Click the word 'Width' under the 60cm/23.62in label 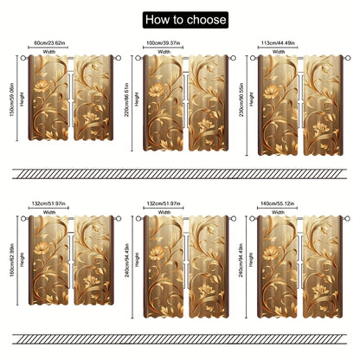(50, 51)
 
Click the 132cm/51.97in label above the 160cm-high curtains (50, 203)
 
